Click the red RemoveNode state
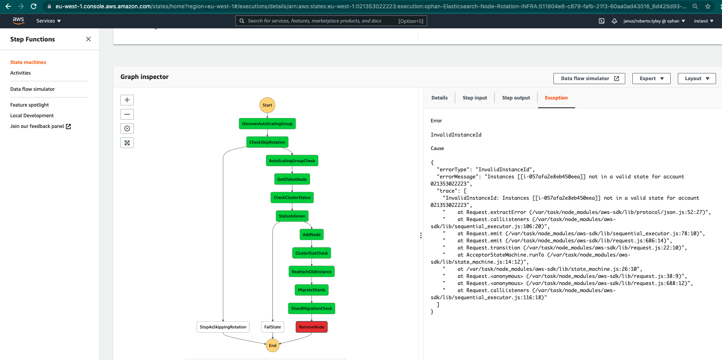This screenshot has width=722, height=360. pyautogui.click(x=311, y=327)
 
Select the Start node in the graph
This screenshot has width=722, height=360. pyautogui.click(x=267, y=105)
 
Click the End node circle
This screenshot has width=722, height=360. pyautogui.click(x=272, y=345)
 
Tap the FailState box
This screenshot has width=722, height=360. pyautogui.click(x=272, y=327)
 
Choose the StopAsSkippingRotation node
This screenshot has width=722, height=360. pyautogui.click(x=223, y=327)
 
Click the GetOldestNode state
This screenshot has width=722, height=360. pyautogui.click(x=292, y=179)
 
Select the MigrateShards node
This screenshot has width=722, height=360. pyautogui.click(x=311, y=290)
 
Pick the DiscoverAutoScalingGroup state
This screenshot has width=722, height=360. pyautogui.click(x=267, y=124)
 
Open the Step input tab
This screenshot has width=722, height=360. pyautogui.click(x=474, y=98)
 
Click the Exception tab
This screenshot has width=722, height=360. pyautogui.click(x=556, y=98)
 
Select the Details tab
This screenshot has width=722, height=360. pyautogui.click(x=439, y=98)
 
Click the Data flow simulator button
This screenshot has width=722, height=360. pyautogui.click(x=589, y=79)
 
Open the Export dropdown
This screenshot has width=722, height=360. pyautogui.click(x=651, y=79)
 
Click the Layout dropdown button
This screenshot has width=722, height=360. pyautogui.click(x=697, y=79)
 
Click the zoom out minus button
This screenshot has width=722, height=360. pyautogui.click(x=127, y=114)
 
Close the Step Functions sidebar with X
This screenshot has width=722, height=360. pyautogui.click(x=88, y=39)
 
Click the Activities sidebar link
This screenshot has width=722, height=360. pyautogui.click(x=21, y=73)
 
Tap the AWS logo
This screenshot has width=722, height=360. pyautogui.click(x=18, y=21)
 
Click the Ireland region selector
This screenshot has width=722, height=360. pyautogui.click(x=703, y=21)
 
